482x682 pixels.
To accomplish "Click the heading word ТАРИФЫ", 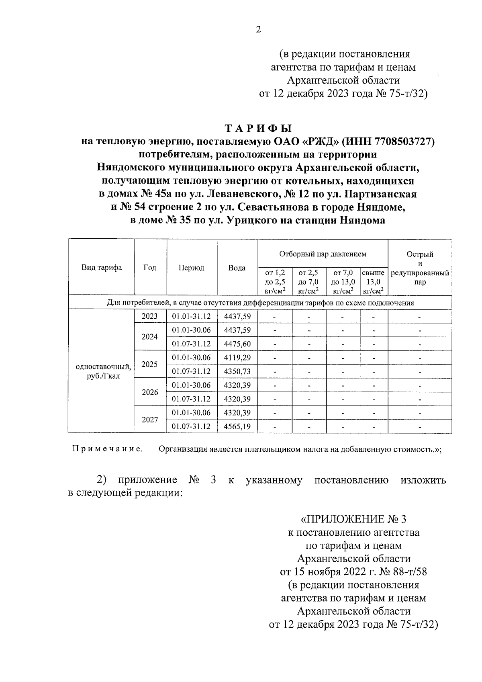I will point(258,129).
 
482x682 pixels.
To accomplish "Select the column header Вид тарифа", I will point(102,268).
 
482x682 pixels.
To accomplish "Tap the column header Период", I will point(192,268).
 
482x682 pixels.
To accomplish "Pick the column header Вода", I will point(237,268).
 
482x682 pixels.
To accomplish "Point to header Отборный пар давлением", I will point(323,254).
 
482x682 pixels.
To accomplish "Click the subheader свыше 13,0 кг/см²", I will point(373,282).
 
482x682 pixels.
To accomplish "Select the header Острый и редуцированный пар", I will point(420,268).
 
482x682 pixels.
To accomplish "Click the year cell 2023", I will point(150,316).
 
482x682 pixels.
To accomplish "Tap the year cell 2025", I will point(150,364).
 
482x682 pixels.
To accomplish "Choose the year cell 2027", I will point(150,420).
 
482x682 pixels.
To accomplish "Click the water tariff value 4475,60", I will point(237,344).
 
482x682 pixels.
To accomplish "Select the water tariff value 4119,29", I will point(237,358).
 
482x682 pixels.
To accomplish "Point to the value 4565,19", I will point(237,426).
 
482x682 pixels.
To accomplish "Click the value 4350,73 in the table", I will point(237,371).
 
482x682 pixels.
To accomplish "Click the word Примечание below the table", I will point(107,449).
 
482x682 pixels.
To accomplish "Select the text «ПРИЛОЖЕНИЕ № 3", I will point(353,519).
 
